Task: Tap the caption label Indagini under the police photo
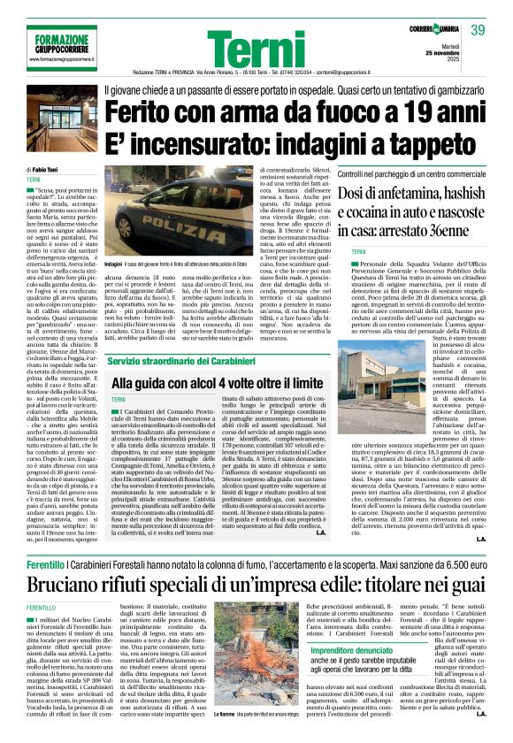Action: (112, 265)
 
